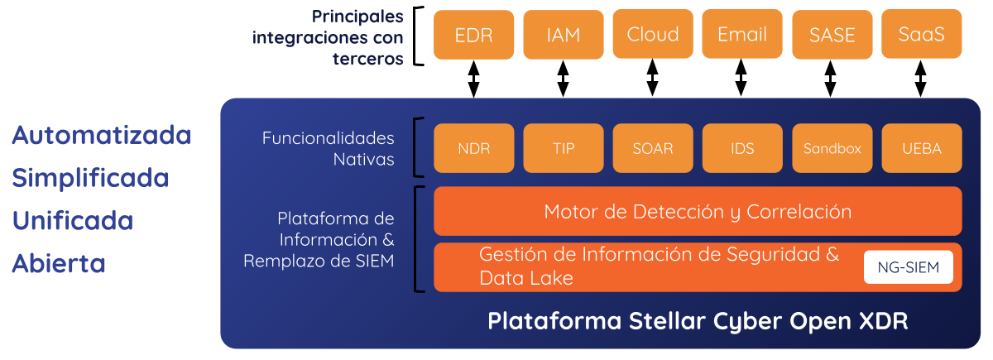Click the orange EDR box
point(473,35)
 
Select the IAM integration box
point(563,35)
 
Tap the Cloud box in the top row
point(652,35)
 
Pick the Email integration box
point(741,35)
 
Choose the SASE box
point(832,35)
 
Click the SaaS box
point(921,35)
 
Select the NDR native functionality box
point(473,149)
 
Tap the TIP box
point(563,149)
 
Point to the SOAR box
point(652,149)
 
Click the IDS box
point(741,149)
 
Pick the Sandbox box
point(832,149)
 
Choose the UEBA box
point(921,149)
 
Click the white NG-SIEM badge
point(908,267)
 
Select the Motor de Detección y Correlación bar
point(698,212)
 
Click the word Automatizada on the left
point(101,135)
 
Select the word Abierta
point(58,263)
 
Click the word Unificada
point(73,221)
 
